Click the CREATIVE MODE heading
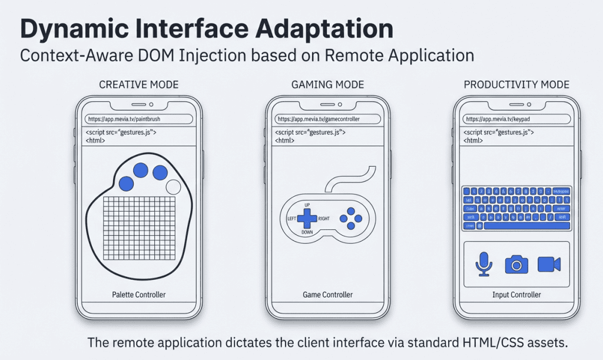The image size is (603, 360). pos(139,85)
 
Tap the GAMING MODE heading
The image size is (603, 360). pos(328,85)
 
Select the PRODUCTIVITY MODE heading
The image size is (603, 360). pos(516,85)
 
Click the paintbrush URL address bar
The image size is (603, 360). pos(139,119)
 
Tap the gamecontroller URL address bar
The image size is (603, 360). pos(328,119)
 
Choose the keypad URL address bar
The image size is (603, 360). pos(516,119)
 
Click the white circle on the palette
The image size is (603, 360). pos(173,187)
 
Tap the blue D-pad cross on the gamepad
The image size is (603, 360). pos(307,219)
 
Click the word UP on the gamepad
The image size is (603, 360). pos(307,205)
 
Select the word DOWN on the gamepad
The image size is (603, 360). pos(307,233)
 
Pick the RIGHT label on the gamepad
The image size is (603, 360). pos(324,219)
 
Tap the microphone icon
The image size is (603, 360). pos(484,265)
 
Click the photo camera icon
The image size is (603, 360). pos(516,265)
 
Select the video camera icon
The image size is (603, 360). pos(549,265)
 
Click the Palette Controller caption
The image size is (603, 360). pos(139,295)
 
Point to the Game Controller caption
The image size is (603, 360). pos(328,295)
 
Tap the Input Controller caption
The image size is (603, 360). pos(516,295)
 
